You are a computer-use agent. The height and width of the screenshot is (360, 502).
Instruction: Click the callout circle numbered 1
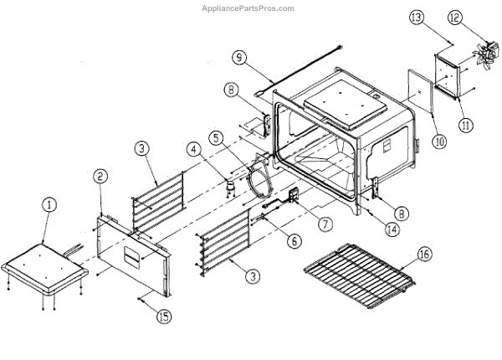(x=50, y=204)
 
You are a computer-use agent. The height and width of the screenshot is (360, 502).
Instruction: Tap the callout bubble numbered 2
(x=100, y=176)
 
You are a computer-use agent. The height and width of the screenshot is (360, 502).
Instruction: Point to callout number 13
(x=443, y=17)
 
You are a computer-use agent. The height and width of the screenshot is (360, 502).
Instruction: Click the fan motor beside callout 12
(x=484, y=54)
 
